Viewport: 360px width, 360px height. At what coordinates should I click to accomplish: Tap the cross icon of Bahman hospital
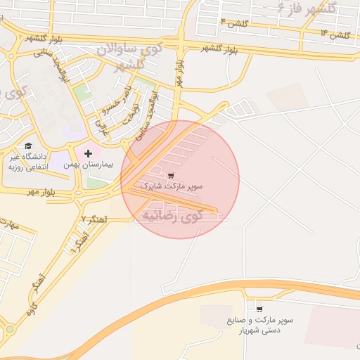click(88, 153)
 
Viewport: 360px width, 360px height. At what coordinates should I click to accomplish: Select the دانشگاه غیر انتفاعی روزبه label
click(27, 161)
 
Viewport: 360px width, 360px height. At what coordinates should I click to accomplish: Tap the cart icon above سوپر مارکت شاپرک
click(172, 175)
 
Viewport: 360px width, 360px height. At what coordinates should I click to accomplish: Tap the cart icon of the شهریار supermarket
click(259, 309)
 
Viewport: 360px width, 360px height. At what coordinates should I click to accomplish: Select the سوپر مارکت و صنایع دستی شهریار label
click(259, 324)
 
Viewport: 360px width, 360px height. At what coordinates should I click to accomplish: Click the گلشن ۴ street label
click(233, 24)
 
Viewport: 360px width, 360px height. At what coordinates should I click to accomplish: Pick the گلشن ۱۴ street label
click(334, 33)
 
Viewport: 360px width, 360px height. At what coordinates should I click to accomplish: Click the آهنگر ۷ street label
click(94, 219)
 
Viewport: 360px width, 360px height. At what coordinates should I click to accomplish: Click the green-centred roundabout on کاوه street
click(10, 328)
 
